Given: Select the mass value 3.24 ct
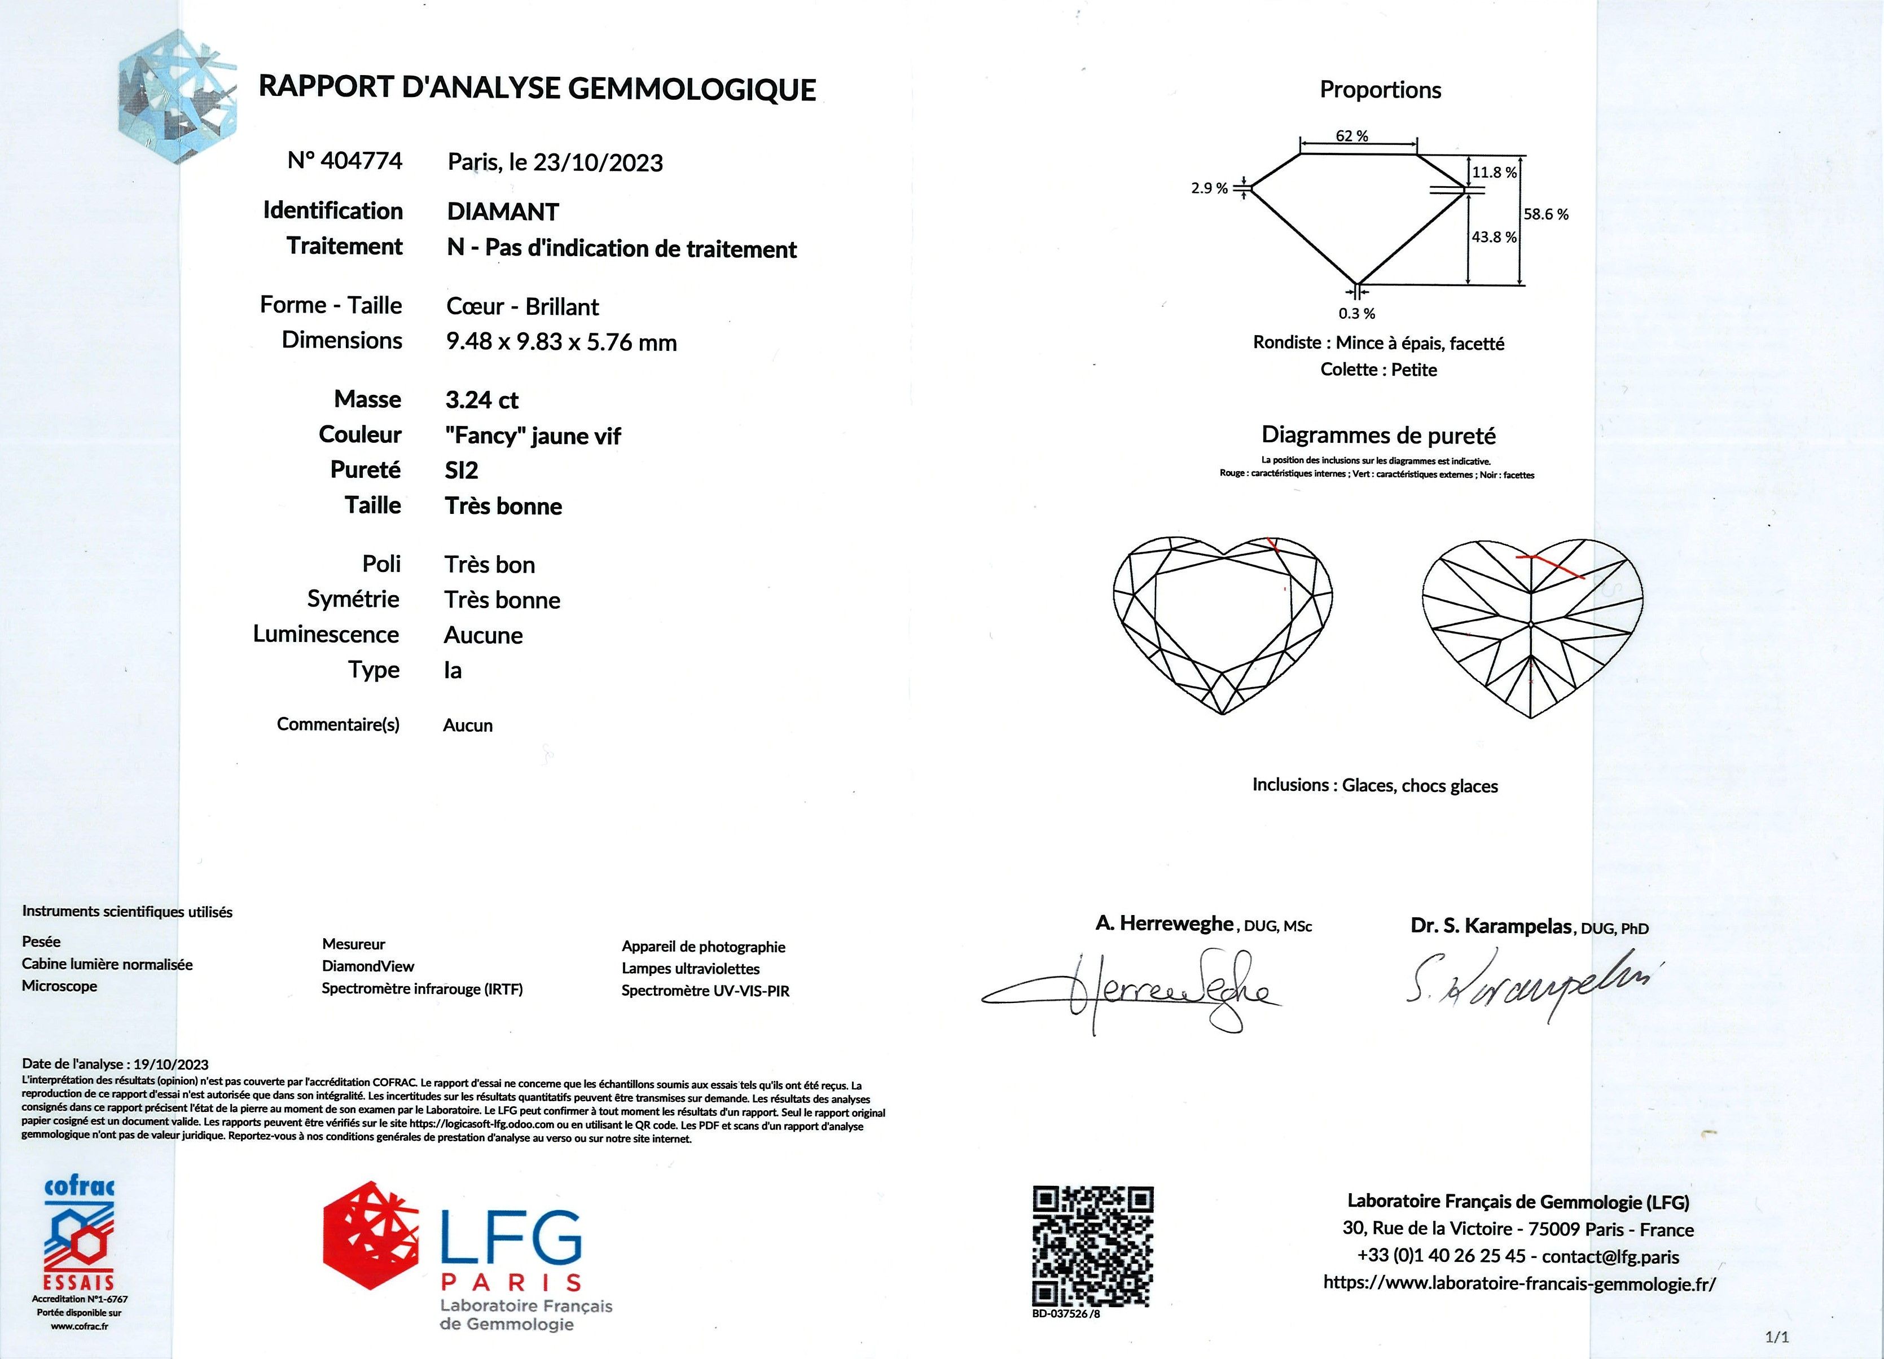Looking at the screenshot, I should [x=482, y=401].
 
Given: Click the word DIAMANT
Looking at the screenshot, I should [x=503, y=212].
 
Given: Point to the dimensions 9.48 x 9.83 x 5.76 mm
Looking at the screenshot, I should [x=561, y=342].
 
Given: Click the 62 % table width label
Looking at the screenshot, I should [x=1352, y=136].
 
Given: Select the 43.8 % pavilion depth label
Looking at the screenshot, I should [x=1494, y=238].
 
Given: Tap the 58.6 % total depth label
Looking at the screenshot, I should [x=1545, y=214].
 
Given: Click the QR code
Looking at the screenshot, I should [x=1092, y=1246].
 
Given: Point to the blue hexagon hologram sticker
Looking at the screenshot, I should [x=179, y=95].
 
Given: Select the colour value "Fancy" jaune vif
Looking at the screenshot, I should [x=533, y=436].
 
